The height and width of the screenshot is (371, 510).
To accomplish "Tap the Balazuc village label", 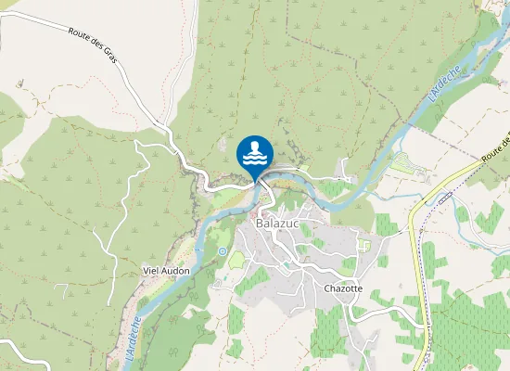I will click(x=274, y=224).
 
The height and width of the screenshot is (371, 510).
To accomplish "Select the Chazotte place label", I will click(x=342, y=288).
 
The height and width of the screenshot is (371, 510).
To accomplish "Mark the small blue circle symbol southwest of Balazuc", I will click(x=222, y=251).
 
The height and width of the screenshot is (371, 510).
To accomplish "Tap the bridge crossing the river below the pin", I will click(x=263, y=185).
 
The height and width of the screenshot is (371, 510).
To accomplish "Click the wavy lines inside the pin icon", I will click(x=255, y=159).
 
